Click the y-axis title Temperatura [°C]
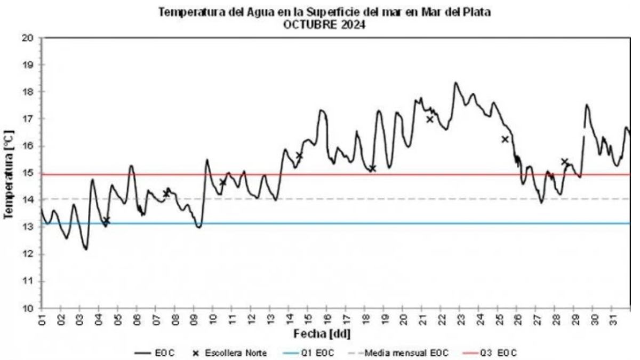pyautogui.click(x=9, y=173)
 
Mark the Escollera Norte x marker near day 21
pyautogui.click(x=430, y=119)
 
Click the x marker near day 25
pyautogui.click(x=505, y=139)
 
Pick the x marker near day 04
pyautogui.click(x=107, y=220)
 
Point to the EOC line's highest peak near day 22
pyautogui.click(x=455, y=83)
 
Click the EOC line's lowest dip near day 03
pyautogui.click(x=85, y=249)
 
